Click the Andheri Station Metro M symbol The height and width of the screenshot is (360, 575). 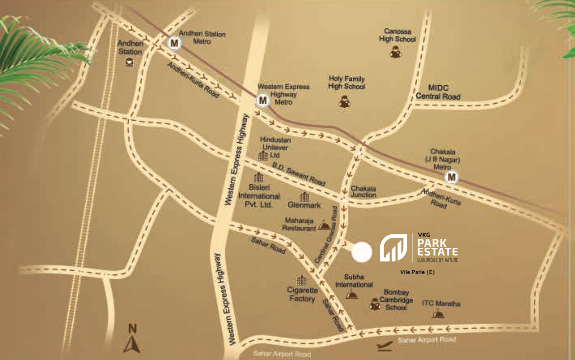pyautogui.click(x=174, y=43)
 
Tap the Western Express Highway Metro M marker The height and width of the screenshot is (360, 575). pyautogui.click(x=262, y=101)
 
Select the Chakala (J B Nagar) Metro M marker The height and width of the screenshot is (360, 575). pyautogui.click(x=452, y=177)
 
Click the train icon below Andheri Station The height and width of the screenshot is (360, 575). pyautogui.click(x=130, y=62)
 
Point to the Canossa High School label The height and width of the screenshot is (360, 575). pyautogui.click(x=397, y=35)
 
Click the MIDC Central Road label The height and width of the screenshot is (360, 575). pyautogui.click(x=438, y=92)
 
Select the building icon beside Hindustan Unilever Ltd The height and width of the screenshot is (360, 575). pyautogui.click(x=263, y=156)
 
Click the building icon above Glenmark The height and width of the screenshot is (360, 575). pyautogui.click(x=304, y=197)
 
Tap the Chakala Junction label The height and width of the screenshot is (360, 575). pyautogui.click(x=363, y=192)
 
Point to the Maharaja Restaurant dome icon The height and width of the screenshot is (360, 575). pyautogui.click(x=324, y=226)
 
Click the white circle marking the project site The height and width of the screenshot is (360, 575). pyautogui.click(x=362, y=252)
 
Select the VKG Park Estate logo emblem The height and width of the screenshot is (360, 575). pyautogui.click(x=394, y=248)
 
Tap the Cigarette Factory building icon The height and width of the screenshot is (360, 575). pyautogui.click(x=301, y=281)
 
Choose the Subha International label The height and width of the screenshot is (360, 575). pyautogui.click(x=354, y=281)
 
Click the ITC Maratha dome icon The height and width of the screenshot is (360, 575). pyautogui.click(x=438, y=314)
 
